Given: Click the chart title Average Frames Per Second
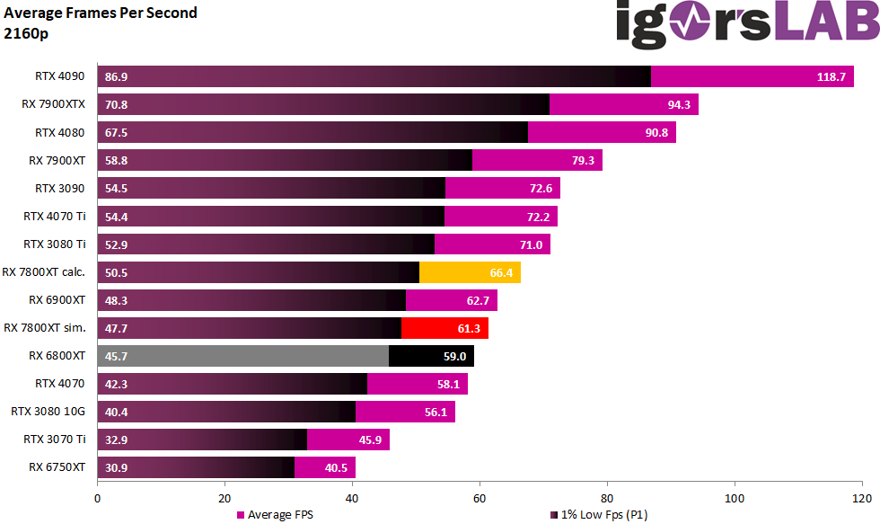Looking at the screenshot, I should click(x=101, y=13).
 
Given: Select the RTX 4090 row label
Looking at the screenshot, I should click(x=60, y=76).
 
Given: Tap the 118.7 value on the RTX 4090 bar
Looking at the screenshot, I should click(x=832, y=77).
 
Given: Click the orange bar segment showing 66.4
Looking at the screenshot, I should click(x=470, y=272).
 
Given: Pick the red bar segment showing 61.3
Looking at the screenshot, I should click(x=444, y=328).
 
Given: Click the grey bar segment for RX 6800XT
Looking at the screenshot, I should click(x=242, y=356).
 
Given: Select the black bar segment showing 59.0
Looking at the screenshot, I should click(x=431, y=356).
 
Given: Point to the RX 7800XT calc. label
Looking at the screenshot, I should click(x=44, y=272).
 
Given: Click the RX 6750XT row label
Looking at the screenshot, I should click(x=57, y=467).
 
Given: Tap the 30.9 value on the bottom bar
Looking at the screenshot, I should click(x=117, y=468).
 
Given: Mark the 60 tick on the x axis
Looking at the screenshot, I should click(x=480, y=495).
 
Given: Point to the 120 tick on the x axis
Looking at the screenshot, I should click(x=862, y=495).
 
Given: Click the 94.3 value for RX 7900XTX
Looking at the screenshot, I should click(x=680, y=105).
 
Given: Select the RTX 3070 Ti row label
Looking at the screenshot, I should click(x=55, y=440).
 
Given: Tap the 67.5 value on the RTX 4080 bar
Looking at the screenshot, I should click(x=117, y=133).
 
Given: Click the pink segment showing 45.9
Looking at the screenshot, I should click(x=348, y=440).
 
